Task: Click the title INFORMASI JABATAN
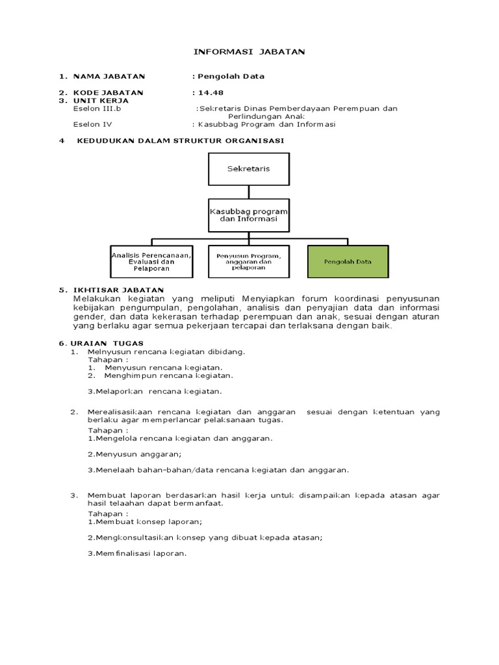click(x=250, y=51)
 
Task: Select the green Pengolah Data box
click(x=348, y=262)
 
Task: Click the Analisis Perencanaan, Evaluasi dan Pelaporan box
click(x=151, y=262)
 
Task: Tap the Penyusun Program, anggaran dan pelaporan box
click(x=248, y=262)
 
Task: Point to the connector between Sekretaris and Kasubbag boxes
click(x=248, y=192)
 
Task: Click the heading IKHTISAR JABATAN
click(x=119, y=290)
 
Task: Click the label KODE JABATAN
click(x=109, y=92)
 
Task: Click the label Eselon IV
click(x=93, y=125)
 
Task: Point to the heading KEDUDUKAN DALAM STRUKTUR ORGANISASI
click(x=180, y=140)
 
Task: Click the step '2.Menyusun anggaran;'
click(x=134, y=454)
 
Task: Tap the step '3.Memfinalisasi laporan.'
click(x=137, y=553)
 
